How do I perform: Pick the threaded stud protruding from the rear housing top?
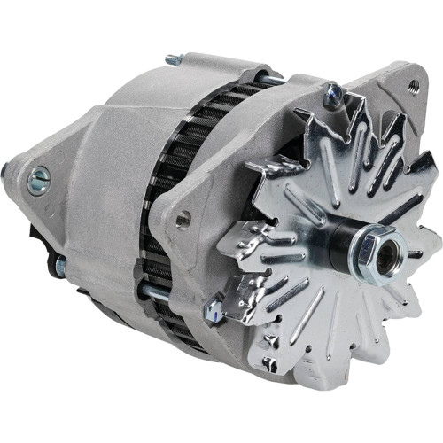coord(174,60)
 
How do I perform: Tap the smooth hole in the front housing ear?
coord(183,219)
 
